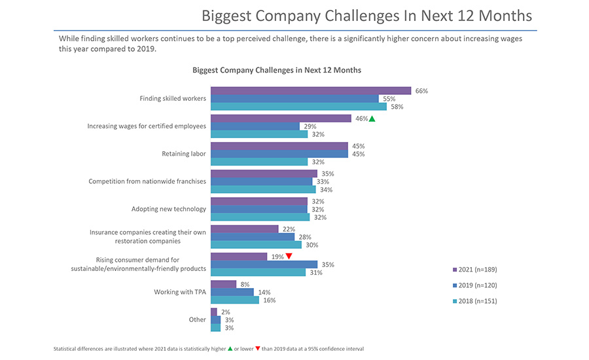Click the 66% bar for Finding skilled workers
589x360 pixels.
310,91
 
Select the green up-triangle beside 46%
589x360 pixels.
372,118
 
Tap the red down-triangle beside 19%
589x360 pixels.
289,257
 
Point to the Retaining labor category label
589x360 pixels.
184,154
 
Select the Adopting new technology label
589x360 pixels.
169,209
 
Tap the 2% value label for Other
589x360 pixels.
225,312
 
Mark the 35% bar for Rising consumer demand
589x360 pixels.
264,264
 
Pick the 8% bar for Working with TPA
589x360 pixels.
223,284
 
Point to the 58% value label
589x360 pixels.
397,107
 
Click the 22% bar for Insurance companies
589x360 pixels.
244,229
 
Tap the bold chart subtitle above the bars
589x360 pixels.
277,69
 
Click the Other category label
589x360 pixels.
198,319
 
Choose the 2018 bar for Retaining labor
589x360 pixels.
259,162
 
